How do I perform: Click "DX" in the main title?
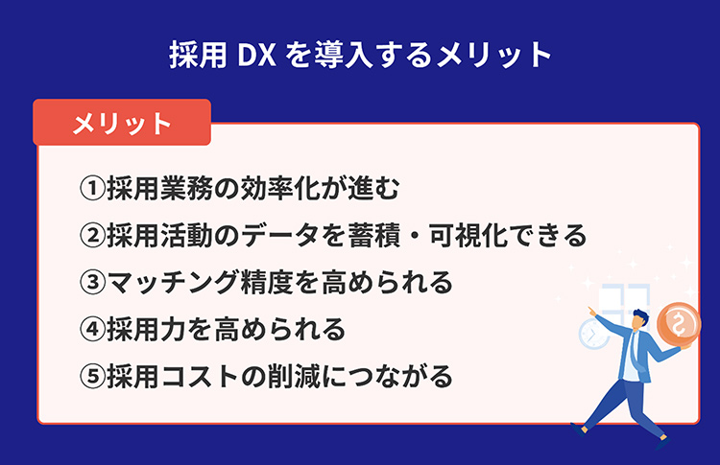tap(256, 55)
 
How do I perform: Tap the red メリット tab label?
tap(122, 123)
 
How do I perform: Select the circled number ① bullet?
tap(93, 188)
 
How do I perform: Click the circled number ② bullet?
tap(93, 235)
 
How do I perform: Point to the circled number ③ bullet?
tap(93, 282)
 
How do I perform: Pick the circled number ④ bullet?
tap(93, 329)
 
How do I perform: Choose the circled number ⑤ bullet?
tap(93, 376)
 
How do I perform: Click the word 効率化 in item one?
tap(280, 188)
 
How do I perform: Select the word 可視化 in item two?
tap(468, 235)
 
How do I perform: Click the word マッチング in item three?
tap(173, 282)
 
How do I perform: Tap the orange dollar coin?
tap(679, 324)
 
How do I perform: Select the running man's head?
tap(639, 319)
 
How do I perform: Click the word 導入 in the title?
tap(344, 55)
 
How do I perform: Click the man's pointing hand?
tap(593, 312)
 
